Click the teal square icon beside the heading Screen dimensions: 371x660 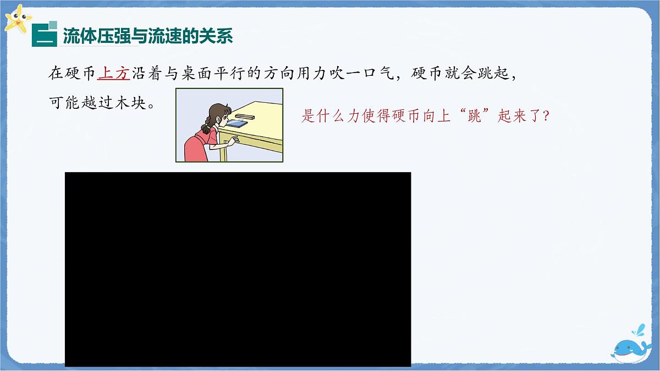click(x=44, y=34)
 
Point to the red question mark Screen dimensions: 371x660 click(x=546, y=117)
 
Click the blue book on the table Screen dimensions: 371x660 click(x=237, y=124)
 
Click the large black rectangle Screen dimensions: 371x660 click(x=238, y=269)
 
